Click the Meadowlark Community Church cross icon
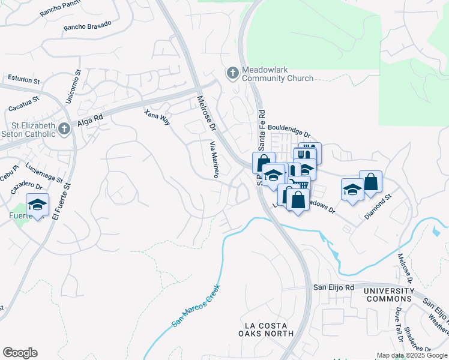[x=232, y=73]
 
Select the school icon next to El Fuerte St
[x=38, y=205]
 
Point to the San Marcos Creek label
[x=196, y=306]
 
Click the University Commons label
[x=389, y=295]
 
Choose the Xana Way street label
[x=158, y=117]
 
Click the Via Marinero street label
[x=212, y=160]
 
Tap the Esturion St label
[x=23, y=79]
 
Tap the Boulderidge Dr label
[x=289, y=131]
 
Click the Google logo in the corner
[x=20, y=353]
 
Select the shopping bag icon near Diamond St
[x=371, y=182]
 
